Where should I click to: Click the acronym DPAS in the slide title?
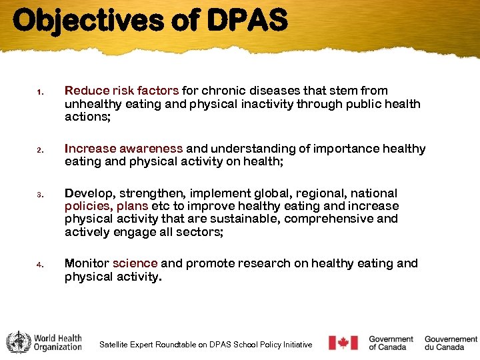click(x=247, y=20)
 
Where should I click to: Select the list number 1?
click(x=40, y=92)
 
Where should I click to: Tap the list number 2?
click(x=40, y=150)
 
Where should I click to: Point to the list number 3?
click(x=40, y=195)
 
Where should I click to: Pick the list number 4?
click(x=40, y=265)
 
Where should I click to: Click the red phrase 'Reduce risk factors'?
click(x=121, y=91)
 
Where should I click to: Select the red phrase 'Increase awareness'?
click(x=123, y=149)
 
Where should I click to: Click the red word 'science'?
click(x=135, y=263)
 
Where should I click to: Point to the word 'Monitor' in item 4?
click(x=87, y=263)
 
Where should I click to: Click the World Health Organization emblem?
click(x=18, y=343)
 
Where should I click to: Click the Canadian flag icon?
click(x=343, y=343)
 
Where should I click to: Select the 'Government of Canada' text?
click(x=391, y=343)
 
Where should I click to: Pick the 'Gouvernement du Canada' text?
click(x=451, y=343)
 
